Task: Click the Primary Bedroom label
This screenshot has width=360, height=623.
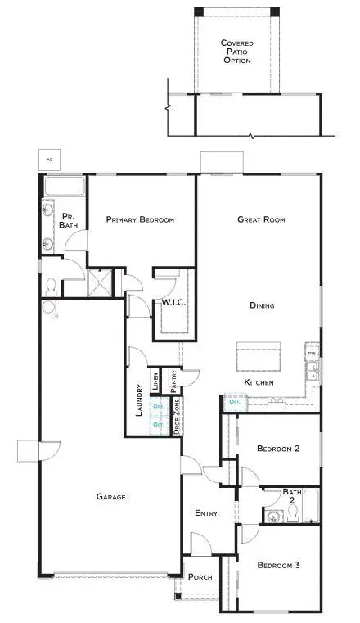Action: tap(140, 219)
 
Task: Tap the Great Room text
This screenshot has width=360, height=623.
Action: tap(260, 219)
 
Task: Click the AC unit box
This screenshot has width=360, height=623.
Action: tap(49, 159)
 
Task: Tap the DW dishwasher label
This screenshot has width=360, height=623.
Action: tap(312, 354)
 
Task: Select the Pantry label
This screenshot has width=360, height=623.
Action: tap(173, 379)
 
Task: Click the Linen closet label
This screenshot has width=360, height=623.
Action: tap(155, 381)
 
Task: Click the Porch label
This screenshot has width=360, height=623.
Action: tap(199, 577)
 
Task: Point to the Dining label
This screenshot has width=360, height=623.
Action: tap(262, 305)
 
